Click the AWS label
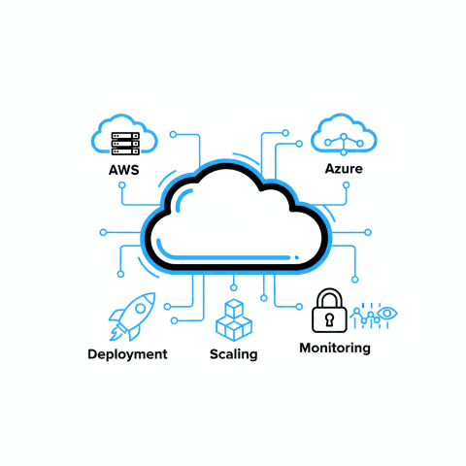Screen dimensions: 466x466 [124, 170]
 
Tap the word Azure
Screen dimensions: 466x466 [344, 169]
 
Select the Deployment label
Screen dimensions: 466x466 [127, 354]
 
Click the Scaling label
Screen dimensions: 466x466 [234, 354]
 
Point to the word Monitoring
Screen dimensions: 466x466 [335, 349]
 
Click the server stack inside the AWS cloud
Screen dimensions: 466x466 [125, 144]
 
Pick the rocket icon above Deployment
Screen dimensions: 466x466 [132, 316]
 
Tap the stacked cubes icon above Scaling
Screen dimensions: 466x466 [234, 320]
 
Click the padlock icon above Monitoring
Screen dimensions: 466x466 [329, 311]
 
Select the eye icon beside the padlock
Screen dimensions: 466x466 [387, 314]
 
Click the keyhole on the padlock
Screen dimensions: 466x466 [329, 319]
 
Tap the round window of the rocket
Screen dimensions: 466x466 [140, 308]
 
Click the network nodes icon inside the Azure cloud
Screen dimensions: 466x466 [344, 144]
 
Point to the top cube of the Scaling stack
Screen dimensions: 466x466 [234, 309]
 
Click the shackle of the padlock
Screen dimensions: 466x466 [329, 298]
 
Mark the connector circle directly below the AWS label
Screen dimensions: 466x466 [122, 185]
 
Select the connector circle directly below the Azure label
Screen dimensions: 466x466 [347, 185]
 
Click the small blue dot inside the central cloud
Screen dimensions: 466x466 [297, 257]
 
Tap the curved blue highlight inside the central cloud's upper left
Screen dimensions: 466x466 [183, 198]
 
